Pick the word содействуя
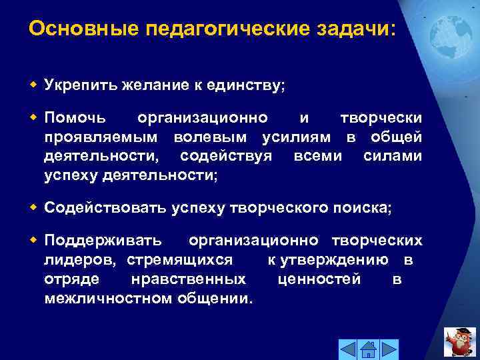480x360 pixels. (226, 156)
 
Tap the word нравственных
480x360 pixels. (189, 279)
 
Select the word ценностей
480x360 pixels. (319, 279)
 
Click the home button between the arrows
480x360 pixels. (368, 348)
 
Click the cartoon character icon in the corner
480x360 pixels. (459, 342)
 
